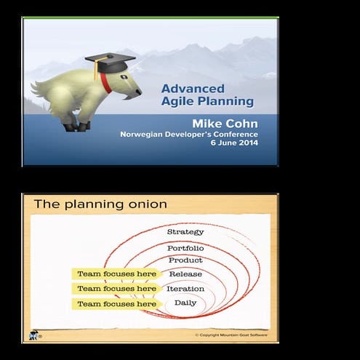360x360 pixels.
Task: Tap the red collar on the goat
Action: [x=106, y=83]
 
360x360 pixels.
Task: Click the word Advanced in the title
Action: [x=189, y=89]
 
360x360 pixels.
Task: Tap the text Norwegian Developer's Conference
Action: [x=188, y=134]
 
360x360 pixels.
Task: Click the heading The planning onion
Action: [x=100, y=204]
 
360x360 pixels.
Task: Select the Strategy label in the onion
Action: [x=185, y=232]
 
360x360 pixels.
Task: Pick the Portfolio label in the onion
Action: [x=185, y=248]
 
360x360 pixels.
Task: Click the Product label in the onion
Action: [x=185, y=260]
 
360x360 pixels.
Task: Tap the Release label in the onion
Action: [x=185, y=274]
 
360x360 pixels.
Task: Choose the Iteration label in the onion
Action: [x=185, y=289]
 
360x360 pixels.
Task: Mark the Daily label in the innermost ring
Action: [x=185, y=303]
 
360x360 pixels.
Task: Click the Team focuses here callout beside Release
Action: [x=116, y=274]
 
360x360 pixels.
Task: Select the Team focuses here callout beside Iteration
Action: [x=116, y=289]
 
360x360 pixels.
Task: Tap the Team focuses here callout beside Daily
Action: [x=116, y=303]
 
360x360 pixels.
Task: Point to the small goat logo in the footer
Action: [x=33, y=335]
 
